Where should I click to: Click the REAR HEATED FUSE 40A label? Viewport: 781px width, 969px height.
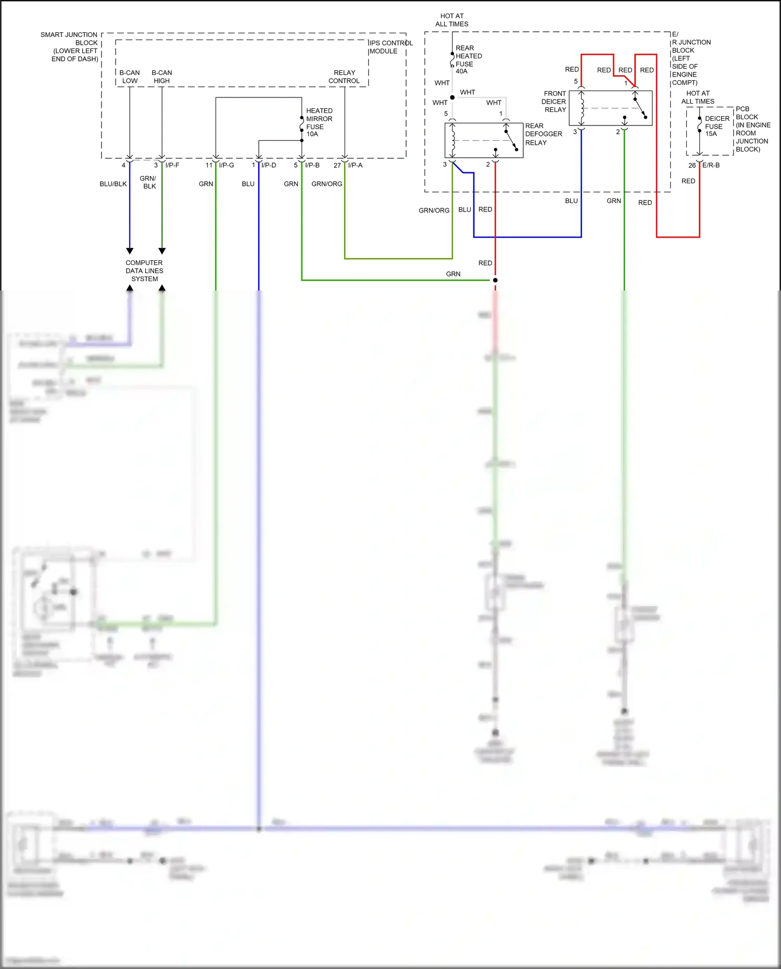468,59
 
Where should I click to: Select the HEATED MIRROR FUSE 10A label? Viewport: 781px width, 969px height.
319,122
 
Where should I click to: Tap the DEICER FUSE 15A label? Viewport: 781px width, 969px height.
716,126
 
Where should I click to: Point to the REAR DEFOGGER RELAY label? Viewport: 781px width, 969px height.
543,134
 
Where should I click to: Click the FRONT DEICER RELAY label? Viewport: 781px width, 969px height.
554,102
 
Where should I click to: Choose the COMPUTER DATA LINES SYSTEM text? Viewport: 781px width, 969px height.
144,271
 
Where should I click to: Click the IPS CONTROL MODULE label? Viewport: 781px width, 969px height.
391,47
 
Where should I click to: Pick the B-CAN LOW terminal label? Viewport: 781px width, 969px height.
130,77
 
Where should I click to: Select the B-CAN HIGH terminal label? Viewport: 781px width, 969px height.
162,77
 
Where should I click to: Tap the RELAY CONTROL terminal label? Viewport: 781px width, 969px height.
344,77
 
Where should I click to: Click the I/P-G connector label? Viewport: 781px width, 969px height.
226,165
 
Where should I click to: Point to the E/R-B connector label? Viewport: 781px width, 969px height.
711,165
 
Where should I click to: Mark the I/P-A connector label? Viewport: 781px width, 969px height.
355,165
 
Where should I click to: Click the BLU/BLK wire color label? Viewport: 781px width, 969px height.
113,184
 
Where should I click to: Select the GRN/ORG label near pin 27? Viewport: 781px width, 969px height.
326,184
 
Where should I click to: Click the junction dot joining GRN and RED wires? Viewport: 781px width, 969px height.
495,280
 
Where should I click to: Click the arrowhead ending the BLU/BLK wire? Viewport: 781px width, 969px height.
130,251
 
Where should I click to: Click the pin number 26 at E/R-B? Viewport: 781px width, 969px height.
691,166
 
